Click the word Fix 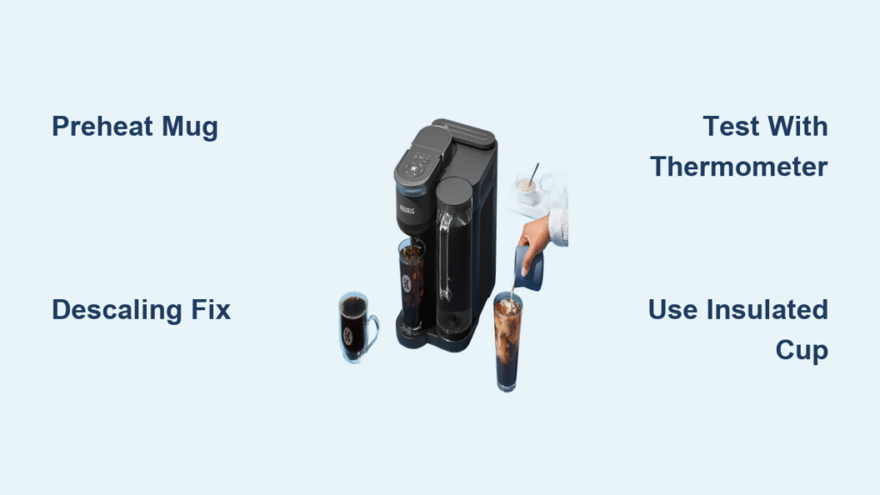(211, 309)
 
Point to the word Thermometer (739, 167)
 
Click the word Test (730, 127)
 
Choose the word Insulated (771, 309)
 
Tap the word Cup (802, 350)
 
